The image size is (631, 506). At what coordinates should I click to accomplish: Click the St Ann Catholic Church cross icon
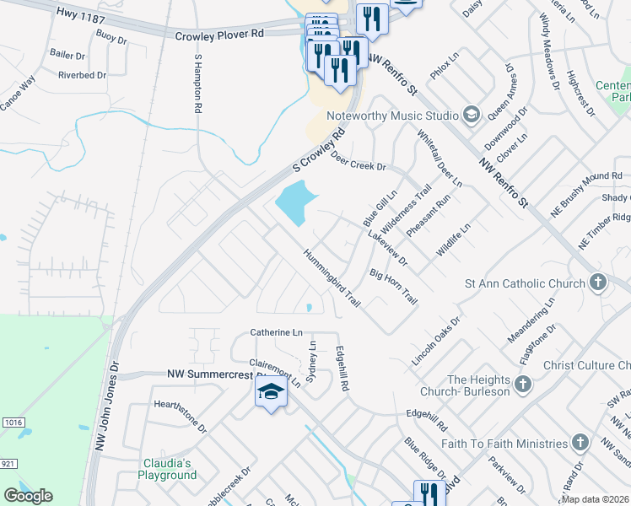click(597, 283)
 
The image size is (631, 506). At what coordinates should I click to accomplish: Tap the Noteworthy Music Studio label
click(391, 115)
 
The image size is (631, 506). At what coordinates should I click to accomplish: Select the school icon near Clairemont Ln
click(271, 392)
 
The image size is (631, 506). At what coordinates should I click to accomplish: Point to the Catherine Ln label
click(276, 333)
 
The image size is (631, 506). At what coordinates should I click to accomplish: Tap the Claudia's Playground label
click(167, 469)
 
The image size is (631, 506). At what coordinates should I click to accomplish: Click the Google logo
click(28, 496)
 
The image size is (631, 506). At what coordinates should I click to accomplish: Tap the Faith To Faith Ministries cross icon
click(580, 443)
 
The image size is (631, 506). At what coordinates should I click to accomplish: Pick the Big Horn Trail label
click(394, 287)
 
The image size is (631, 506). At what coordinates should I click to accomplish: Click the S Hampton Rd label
click(197, 84)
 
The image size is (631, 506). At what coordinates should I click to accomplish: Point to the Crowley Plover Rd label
click(219, 35)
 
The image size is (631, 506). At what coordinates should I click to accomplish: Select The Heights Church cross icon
click(523, 385)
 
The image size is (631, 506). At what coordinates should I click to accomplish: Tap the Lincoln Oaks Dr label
click(436, 341)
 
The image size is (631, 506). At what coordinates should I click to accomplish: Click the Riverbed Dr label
click(82, 75)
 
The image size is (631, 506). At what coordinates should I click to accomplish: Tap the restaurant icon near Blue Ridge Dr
click(428, 493)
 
